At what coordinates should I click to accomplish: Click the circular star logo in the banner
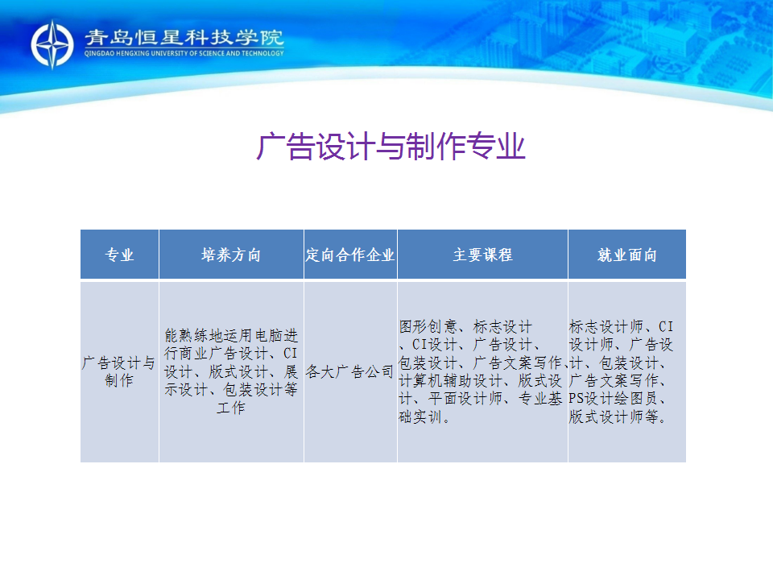point(52,44)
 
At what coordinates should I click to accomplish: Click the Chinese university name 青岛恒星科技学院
point(184,38)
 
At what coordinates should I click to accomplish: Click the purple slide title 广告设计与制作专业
point(391,147)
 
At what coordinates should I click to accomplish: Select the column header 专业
point(119,255)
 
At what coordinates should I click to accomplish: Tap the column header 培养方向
point(231,255)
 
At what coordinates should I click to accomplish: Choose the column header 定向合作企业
point(350,255)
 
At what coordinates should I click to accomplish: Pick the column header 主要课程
point(482,255)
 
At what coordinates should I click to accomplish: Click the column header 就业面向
point(627,255)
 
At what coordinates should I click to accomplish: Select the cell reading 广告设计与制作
point(119,372)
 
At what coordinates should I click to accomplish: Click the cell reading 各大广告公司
point(350,371)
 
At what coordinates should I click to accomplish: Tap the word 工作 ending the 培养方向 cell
point(231,408)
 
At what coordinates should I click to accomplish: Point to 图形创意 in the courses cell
point(428,326)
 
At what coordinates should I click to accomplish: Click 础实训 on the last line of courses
point(420,416)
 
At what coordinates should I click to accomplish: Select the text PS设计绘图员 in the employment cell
point(614,399)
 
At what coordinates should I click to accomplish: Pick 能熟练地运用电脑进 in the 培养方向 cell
point(231,335)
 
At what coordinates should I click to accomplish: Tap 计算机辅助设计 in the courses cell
point(451,381)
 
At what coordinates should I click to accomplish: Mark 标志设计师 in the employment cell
point(606,326)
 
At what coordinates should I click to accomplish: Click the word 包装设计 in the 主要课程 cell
point(428,363)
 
